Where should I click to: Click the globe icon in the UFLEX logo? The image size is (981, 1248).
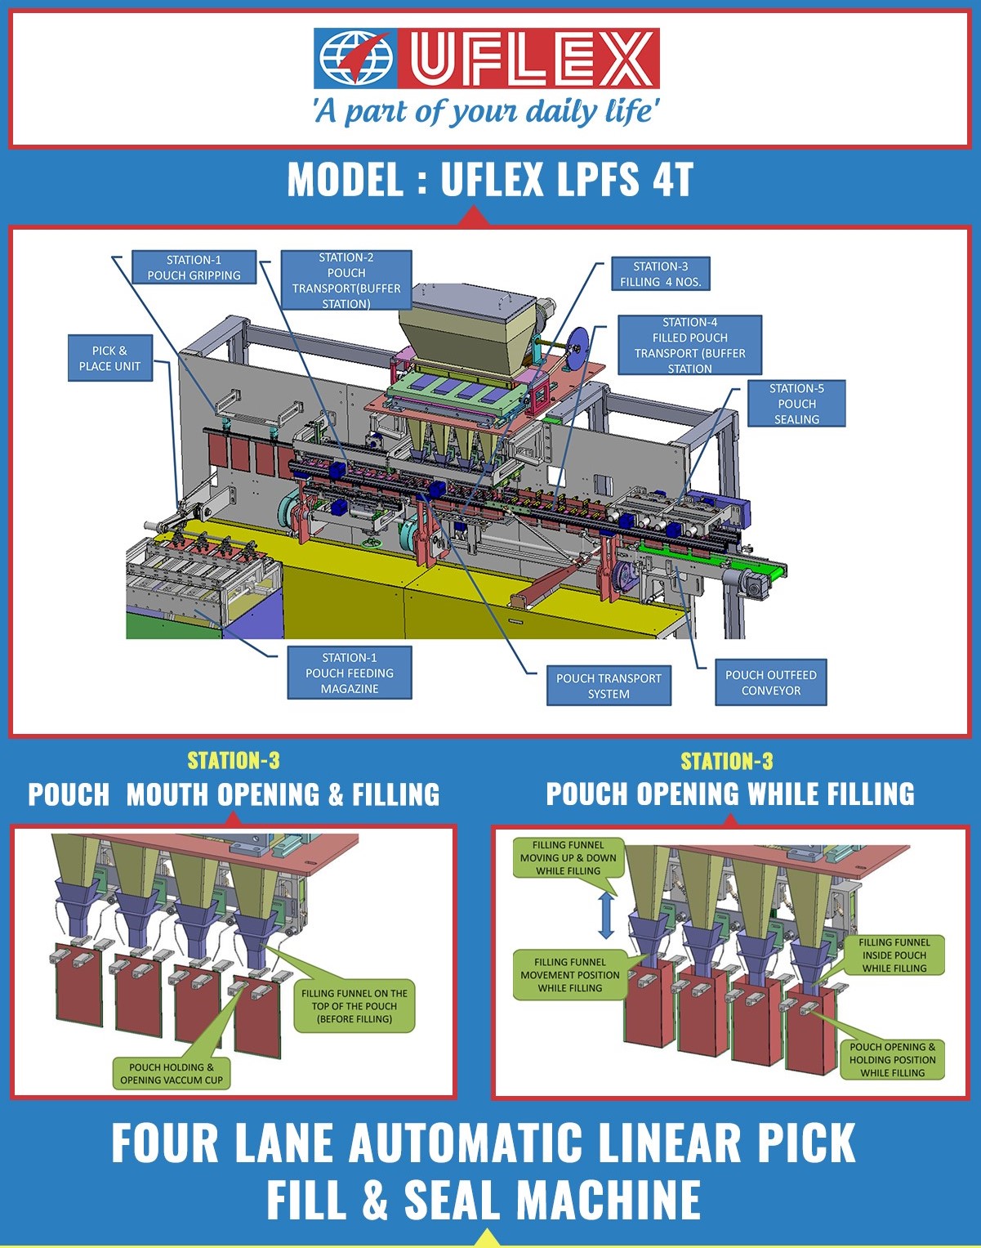point(355,58)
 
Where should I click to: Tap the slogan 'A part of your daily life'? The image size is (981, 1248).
point(486,111)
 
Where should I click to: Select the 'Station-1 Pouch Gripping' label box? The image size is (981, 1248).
point(194,267)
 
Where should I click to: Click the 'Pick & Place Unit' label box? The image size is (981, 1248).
point(110,358)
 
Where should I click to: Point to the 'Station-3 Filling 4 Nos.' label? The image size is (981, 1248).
point(660,274)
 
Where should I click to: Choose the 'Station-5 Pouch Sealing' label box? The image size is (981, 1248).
point(796,404)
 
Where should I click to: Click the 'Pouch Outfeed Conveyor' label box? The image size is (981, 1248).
point(770,682)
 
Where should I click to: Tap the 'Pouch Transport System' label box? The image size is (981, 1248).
point(609,686)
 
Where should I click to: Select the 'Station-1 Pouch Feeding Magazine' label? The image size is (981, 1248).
point(350,673)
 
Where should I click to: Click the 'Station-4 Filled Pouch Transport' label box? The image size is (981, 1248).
point(690,345)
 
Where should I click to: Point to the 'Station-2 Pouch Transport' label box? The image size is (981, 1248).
point(346,280)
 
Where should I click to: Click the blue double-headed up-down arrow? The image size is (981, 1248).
point(606,915)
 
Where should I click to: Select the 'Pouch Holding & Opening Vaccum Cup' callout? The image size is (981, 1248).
point(171,1073)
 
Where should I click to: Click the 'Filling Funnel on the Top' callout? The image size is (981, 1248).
point(354,1006)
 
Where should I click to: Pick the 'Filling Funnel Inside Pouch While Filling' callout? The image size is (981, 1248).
point(894,955)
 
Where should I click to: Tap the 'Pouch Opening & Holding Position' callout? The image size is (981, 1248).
point(892,1059)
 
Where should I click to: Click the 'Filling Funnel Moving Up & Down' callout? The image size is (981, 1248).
point(568,857)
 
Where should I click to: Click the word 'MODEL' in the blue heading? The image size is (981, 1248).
point(346,179)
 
